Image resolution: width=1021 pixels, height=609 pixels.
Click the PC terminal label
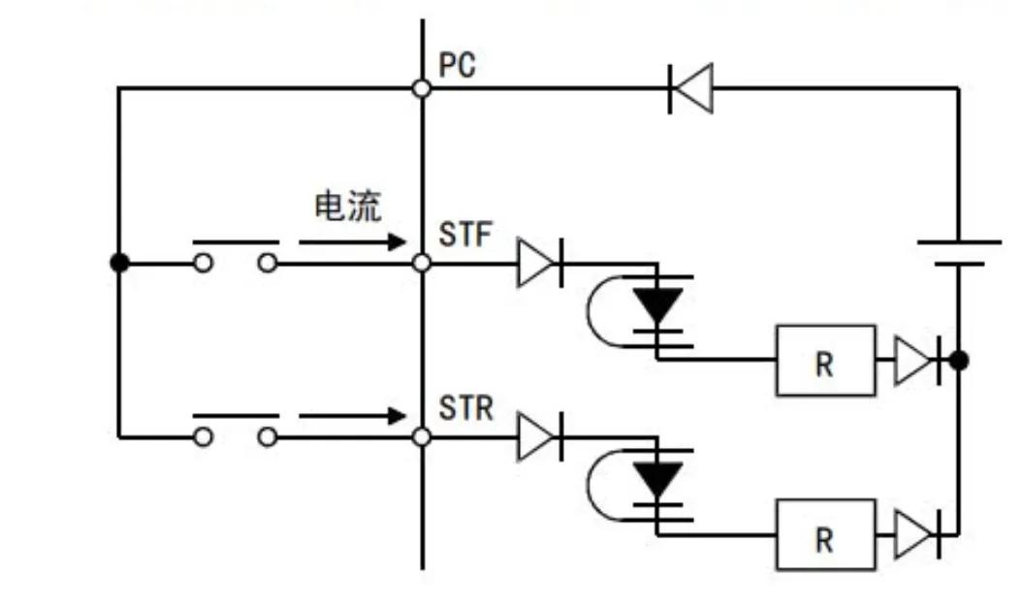coord(458,66)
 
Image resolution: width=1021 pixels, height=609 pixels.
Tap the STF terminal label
coord(465,235)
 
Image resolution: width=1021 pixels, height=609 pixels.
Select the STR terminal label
coord(466,407)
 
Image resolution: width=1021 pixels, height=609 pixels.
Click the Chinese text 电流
coord(348,206)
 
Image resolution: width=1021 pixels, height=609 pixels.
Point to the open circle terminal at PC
coord(422,88)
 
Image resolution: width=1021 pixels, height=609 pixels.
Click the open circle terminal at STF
coord(422,263)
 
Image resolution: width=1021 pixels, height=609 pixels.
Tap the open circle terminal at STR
coord(422,437)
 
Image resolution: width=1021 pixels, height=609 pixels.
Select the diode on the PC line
coord(691,88)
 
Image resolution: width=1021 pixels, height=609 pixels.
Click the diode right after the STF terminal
coord(539,263)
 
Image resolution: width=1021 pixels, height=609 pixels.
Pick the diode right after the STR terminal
coord(539,437)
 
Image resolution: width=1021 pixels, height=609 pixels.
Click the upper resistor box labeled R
coord(825,361)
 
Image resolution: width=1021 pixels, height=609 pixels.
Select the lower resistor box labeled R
coord(825,534)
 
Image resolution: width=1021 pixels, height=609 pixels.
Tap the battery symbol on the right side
coord(959,252)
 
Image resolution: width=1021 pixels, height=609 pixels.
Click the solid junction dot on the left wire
coord(119,263)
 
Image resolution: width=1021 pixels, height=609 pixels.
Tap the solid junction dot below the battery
coord(959,361)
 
